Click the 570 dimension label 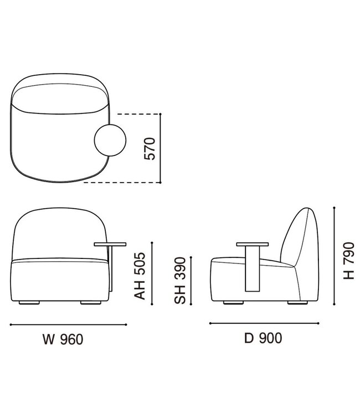(149, 148)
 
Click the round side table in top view (110, 140)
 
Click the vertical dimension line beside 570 (160, 148)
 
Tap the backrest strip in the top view (61, 91)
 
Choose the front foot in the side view (234, 303)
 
